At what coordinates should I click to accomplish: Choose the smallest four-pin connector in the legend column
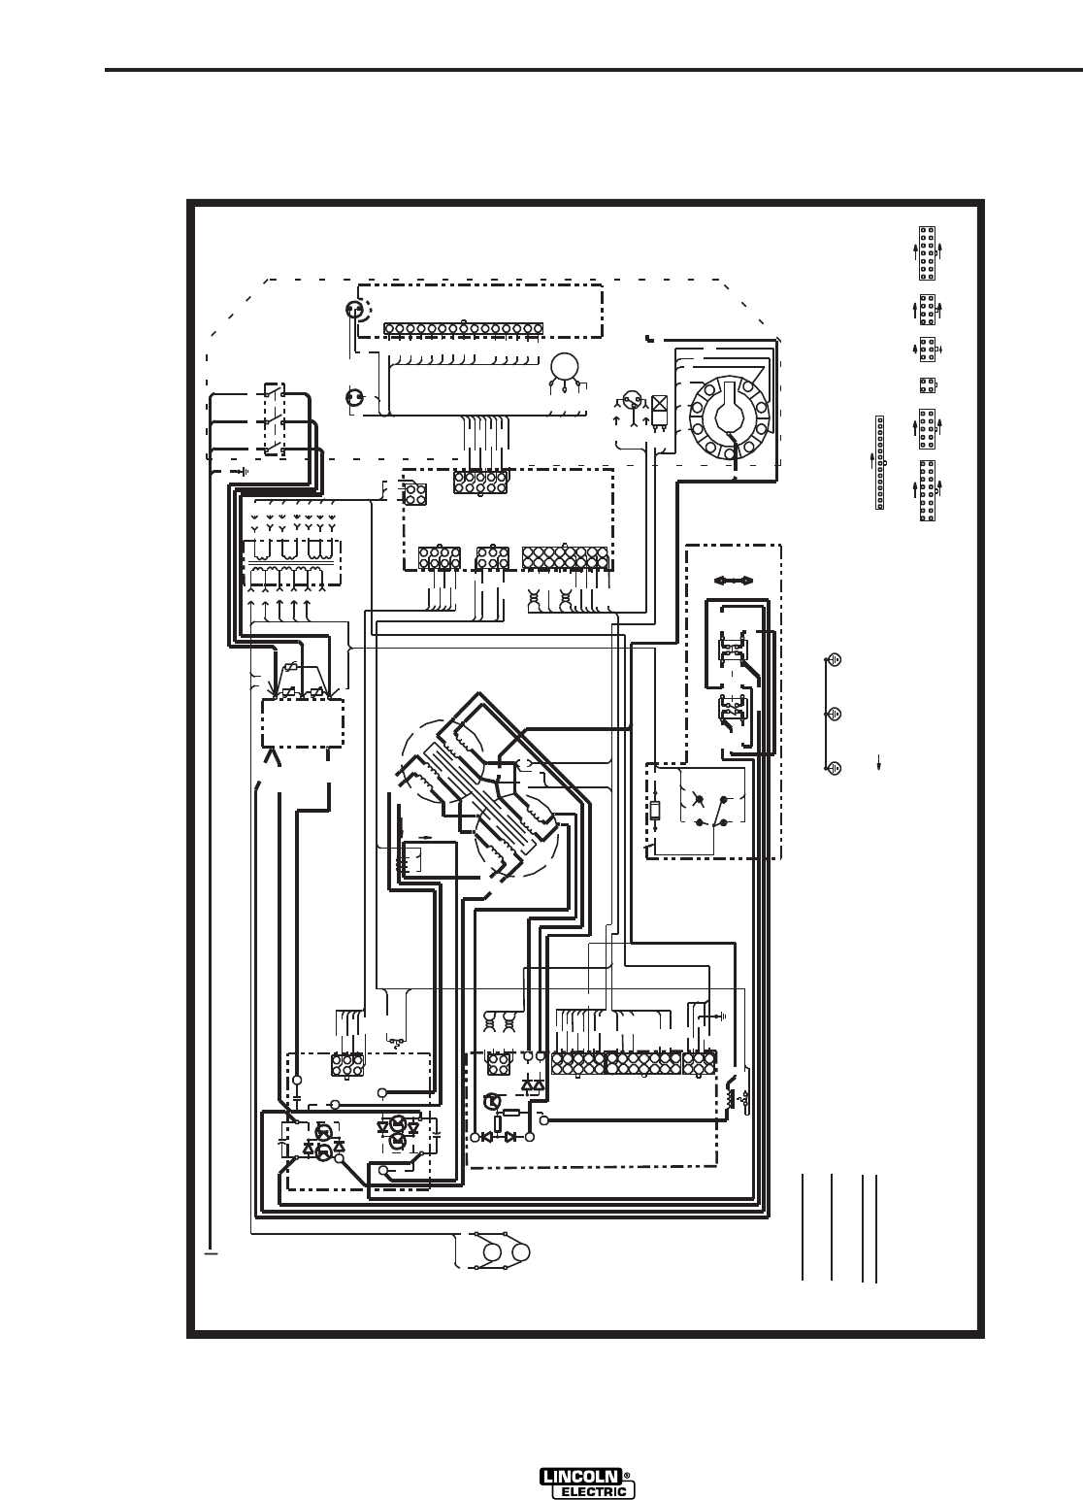coord(927,384)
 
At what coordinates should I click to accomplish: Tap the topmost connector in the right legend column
coord(927,250)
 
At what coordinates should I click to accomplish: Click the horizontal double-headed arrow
coord(734,581)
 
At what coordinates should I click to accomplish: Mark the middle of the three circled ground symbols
coord(834,713)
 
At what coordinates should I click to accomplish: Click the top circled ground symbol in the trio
coord(834,658)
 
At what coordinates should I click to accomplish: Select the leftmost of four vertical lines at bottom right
coord(804,1228)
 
